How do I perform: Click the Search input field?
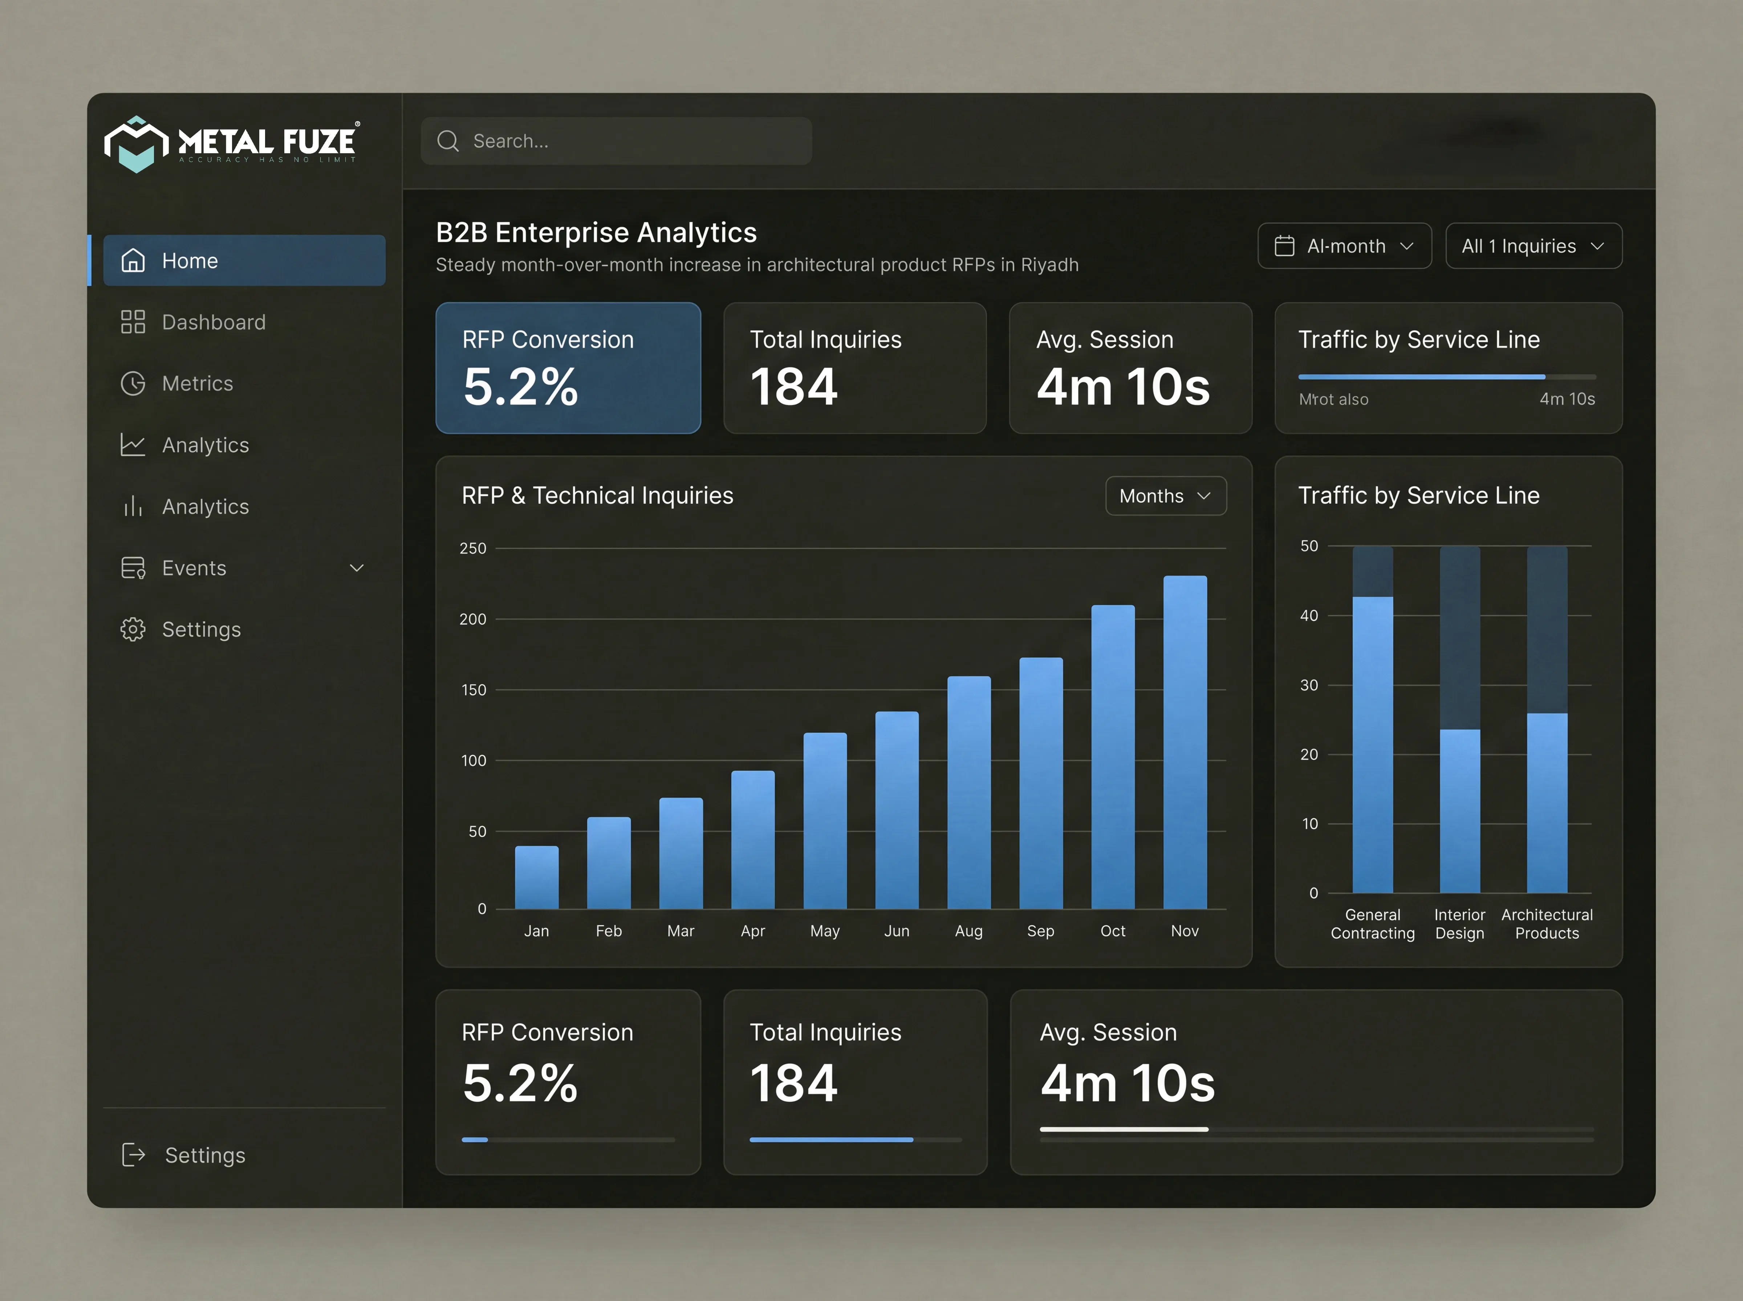(x=616, y=141)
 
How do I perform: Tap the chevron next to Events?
(x=357, y=568)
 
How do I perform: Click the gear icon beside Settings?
(x=133, y=629)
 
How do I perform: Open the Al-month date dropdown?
(x=1344, y=246)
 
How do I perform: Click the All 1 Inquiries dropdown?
(x=1533, y=246)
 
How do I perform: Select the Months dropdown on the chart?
(x=1166, y=495)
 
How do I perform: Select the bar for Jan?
(x=536, y=877)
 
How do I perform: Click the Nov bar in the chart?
(x=1185, y=742)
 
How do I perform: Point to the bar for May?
(x=825, y=821)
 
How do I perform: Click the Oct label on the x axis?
(x=1112, y=931)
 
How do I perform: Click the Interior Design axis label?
(x=1459, y=924)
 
